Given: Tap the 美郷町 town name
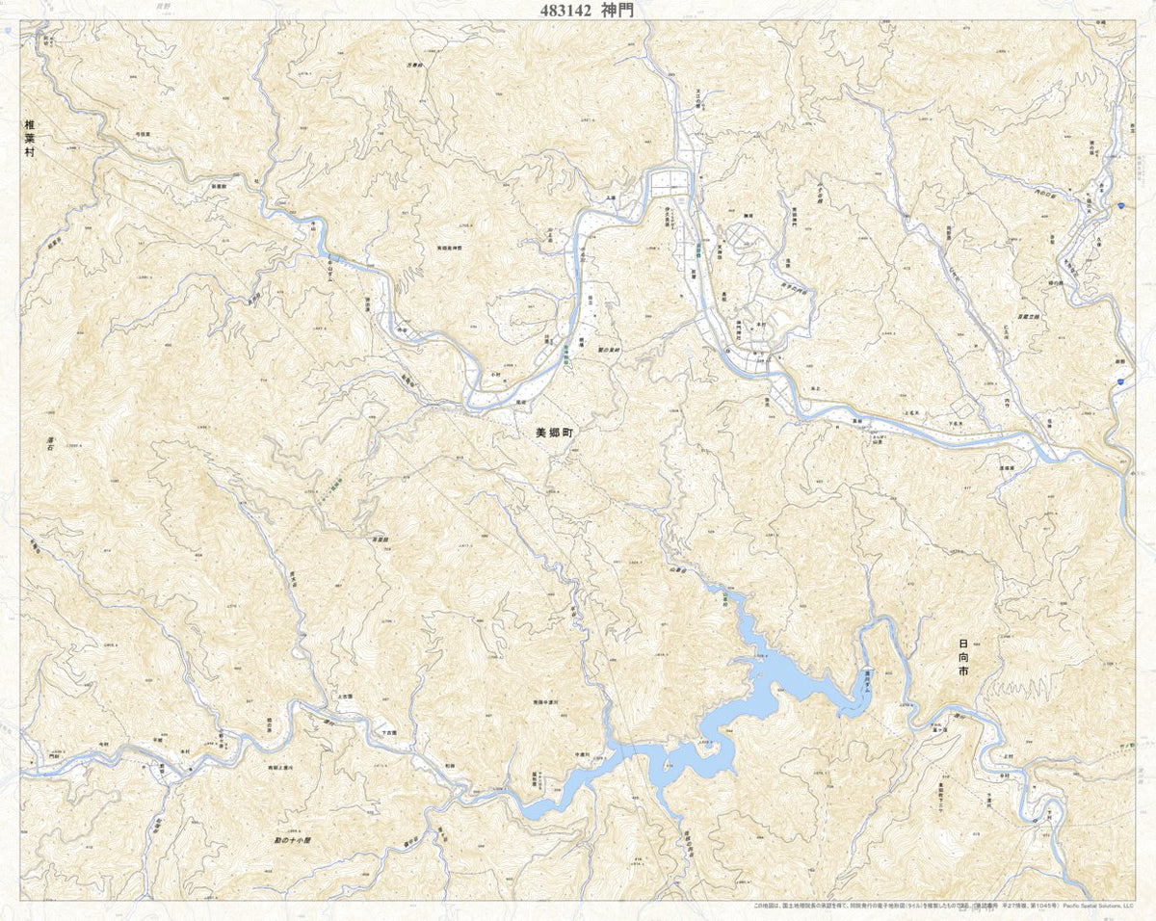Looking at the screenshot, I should coord(554,434).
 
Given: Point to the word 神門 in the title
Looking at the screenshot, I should coord(618,10).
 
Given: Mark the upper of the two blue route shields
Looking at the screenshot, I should coord(1122,205).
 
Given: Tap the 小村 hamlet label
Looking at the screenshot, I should coord(495,373).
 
